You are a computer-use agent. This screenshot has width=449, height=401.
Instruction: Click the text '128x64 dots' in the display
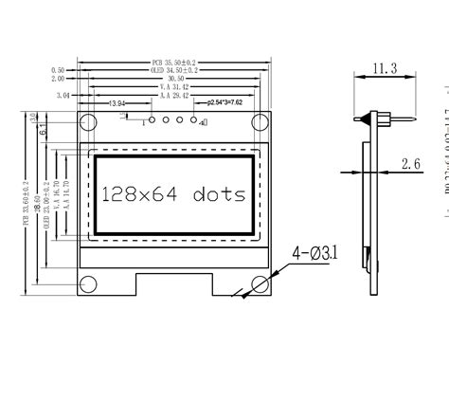coord(173,194)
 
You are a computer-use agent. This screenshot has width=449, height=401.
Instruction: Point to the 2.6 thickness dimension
coord(410,164)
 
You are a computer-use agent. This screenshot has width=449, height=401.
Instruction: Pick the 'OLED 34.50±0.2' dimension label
coord(174,71)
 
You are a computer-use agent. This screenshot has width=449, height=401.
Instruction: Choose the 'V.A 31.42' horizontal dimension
coord(174,87)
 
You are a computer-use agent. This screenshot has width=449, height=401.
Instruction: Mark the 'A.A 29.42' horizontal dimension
coord(174,96)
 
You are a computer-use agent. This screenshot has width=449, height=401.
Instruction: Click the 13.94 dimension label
coord(117,103)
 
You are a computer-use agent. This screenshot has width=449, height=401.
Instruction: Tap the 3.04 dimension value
coord(63,96)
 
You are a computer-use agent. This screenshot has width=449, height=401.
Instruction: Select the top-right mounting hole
coord(260,122)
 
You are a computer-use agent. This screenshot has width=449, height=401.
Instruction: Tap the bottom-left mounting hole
coord(88,283)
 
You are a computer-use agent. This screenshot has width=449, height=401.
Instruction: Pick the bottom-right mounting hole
coord(260,283)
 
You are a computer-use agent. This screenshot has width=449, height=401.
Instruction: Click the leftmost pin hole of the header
coord(151,120)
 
